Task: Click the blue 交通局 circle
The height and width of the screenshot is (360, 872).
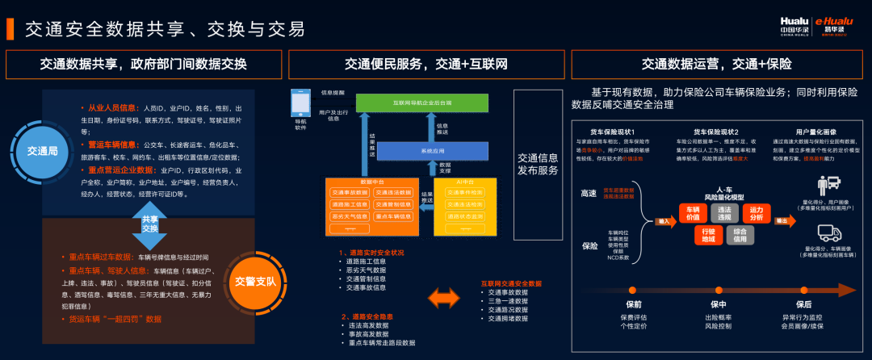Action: click(x=42, y=150)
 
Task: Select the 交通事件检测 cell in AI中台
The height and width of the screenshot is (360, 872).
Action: click(x=465, y=192)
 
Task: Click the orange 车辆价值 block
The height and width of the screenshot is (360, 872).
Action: click(x=694, y=213)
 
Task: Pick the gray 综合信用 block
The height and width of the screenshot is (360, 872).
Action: click(x=741, y=235)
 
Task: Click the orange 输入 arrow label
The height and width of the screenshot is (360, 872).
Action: click(x=665, y=220)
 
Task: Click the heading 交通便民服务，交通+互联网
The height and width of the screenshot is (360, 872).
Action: click(x=426, y=63)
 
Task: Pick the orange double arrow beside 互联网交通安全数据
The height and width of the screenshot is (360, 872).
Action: click(x=445, y=300)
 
